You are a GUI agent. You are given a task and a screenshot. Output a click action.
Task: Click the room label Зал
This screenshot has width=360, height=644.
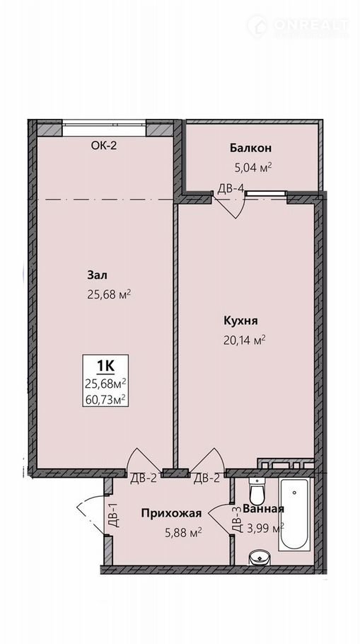coord(97,275)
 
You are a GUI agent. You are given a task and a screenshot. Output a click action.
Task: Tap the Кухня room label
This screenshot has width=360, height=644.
coord(241,321)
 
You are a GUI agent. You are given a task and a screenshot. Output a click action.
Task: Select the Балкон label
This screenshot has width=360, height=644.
coord(250,149)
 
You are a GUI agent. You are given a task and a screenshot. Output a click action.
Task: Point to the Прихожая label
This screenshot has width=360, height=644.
coord(171,513)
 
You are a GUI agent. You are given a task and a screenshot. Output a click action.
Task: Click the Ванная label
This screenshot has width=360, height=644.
coord(264,509)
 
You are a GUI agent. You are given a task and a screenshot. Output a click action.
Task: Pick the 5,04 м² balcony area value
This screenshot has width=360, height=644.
coord(253,167)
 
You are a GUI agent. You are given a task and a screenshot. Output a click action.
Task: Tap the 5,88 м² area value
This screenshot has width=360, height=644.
coord(183,533)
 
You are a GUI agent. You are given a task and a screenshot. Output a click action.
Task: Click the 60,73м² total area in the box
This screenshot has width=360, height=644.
coord(105,398)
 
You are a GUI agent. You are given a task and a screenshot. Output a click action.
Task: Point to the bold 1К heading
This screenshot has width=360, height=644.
coord(105,364)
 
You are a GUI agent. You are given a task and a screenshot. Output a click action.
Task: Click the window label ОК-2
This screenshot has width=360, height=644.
coord(104,145)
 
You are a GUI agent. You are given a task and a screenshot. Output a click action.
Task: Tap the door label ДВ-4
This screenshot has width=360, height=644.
coord(231,188)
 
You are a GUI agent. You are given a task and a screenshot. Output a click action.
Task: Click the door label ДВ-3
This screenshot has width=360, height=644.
coord(236,520)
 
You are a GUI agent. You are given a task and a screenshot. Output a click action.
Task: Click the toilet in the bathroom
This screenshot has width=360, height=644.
coord(257,493)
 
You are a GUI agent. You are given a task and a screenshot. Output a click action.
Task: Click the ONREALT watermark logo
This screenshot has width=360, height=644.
coord(298,25)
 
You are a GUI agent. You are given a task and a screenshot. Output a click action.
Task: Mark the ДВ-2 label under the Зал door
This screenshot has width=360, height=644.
coord(144,478)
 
